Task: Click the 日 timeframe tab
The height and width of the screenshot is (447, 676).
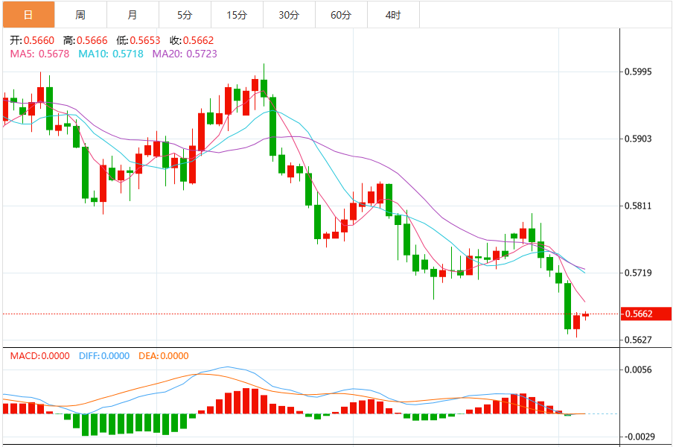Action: [x=28, y=15]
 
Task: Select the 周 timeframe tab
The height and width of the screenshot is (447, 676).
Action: [x=80, y=15]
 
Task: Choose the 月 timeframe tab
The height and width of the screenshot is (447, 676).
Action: [x=133, y=15]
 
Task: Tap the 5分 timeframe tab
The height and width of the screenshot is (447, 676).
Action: [x=185, y=15]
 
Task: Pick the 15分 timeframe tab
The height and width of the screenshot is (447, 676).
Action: [x=237, y=15]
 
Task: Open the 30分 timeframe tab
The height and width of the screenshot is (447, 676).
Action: [x=289, y=15]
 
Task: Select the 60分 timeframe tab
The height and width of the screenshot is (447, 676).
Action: [x=341, y=15]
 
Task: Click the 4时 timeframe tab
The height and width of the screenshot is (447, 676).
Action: [x=393, y=15]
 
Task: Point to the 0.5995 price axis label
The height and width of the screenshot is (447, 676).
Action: [x=640, y=72]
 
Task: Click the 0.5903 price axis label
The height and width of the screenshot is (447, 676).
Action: [x=640, y=139]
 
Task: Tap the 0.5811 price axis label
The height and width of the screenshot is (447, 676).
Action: [x=640, y=206]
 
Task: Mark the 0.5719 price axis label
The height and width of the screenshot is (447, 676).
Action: [x=640, y=273]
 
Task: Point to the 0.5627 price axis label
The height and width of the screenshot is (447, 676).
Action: [x=640, y=340]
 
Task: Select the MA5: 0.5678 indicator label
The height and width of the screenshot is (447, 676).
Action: [x=39, y=54]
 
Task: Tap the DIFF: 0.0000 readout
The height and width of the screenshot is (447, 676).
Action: [x=103, y=356]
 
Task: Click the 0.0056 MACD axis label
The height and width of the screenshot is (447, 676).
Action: [x=640, y=370]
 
